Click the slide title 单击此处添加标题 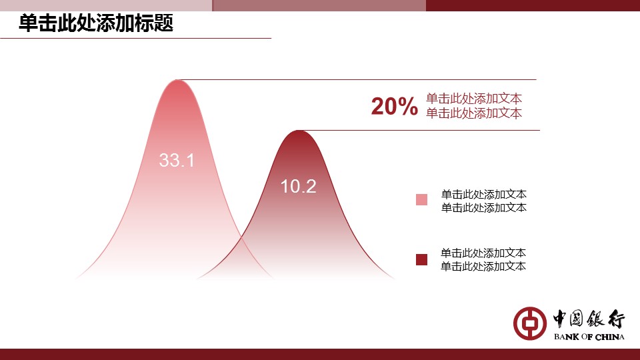[96, 23]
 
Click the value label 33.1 [177, 160]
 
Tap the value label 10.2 [299, 187]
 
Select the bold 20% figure [394, 106]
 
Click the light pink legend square [421, 199]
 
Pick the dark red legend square [421, 259]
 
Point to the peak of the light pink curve [177, 80]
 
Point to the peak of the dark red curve [299, 131]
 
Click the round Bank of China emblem [530, 323]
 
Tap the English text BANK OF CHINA [589, 337]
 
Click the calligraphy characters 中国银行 [589, 319]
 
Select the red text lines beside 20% [474, 106]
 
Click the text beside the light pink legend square [484, 201]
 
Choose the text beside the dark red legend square [483, 259]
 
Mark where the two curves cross [241, 237]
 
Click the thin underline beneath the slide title [135, 39]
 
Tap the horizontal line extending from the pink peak [357, 79]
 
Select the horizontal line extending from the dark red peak [419, 131]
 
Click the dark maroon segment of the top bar [533, 5]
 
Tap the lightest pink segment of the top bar [106, 5]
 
